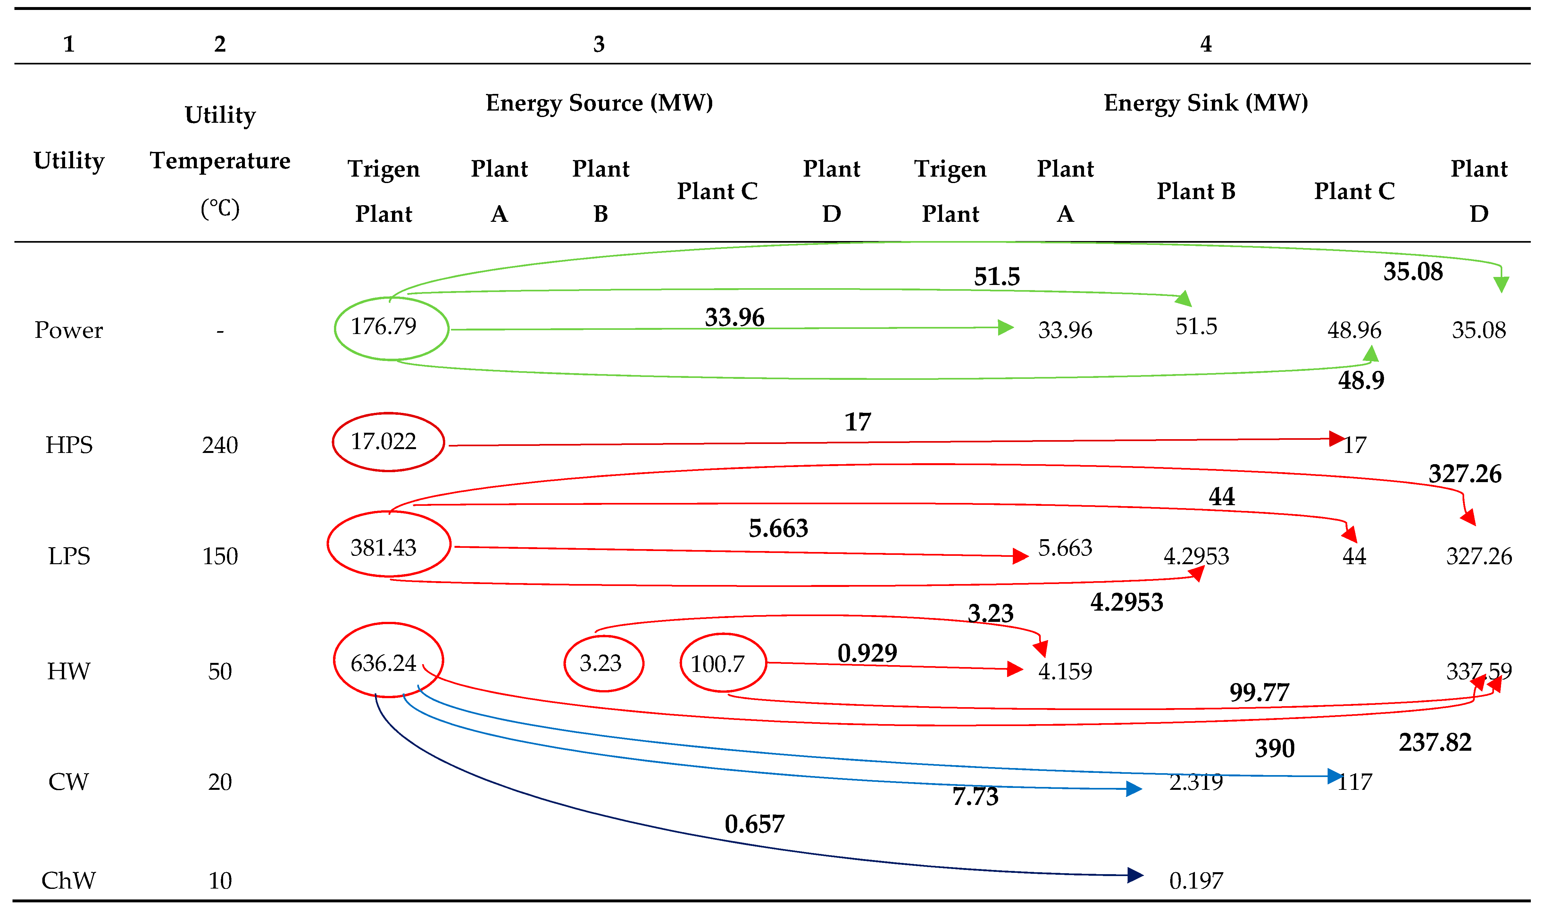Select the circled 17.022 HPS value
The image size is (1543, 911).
384,441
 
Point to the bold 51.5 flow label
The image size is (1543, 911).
997,277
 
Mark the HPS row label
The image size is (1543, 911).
69,445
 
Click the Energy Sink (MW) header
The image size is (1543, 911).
1205,103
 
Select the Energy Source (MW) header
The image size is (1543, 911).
599,103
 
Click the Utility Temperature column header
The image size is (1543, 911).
220,161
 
